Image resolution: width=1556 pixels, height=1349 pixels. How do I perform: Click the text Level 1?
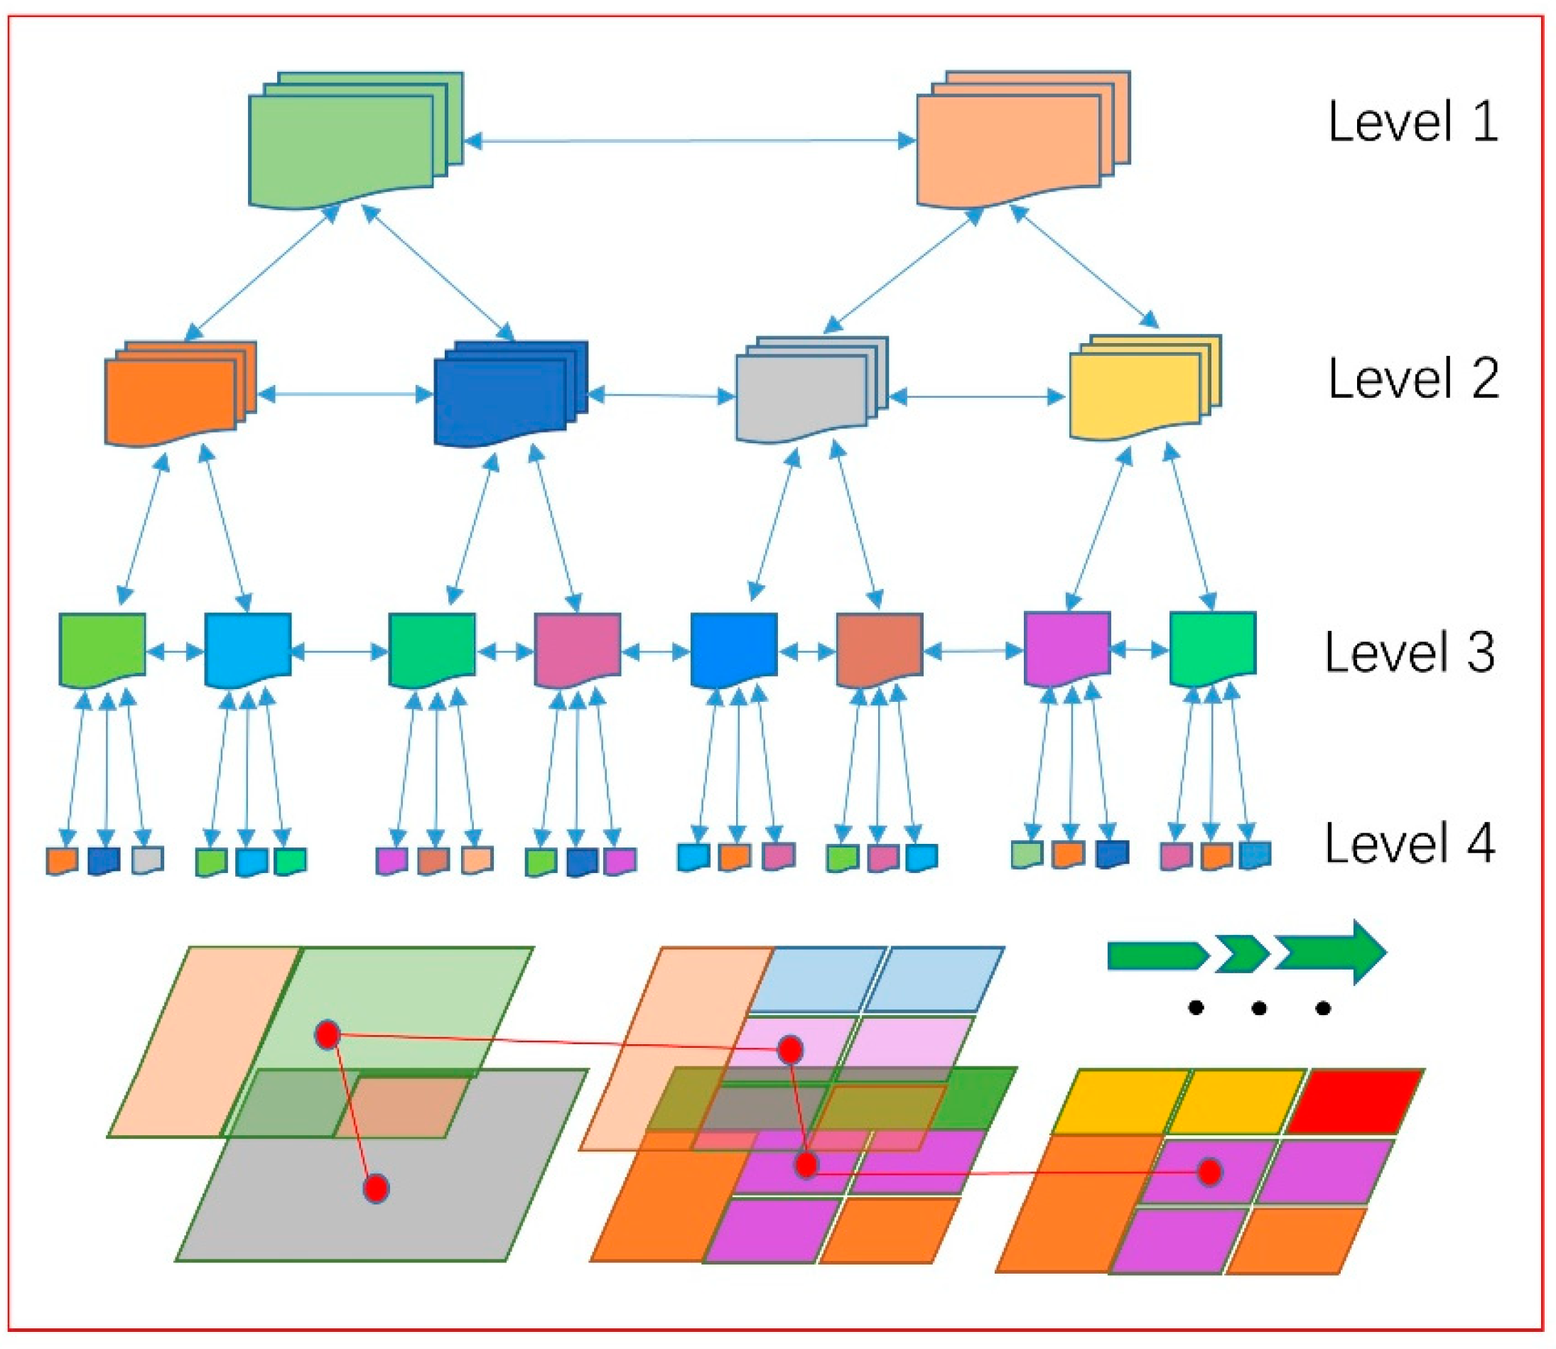pyautogui.click(x=1412, y=122)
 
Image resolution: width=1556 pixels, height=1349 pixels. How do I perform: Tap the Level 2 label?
pyautogui.click(x=1413, y=379)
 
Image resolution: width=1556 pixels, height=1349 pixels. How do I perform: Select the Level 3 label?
pyautogui.click(x=1410, y=652)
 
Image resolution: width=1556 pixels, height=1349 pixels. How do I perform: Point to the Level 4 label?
pyautogui.click(x=1410, y=843)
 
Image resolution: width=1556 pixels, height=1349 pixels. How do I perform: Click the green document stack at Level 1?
pyautogui.click(x=355, y=140)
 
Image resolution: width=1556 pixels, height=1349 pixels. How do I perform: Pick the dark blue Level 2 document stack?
pyautogui.click(x=510, y=394)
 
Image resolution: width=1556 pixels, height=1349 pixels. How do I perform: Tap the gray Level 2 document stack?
pyautogui.click(x=811, y=389)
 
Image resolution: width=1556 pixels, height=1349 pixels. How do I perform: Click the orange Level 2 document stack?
pyautogui.click(x=180, y=394)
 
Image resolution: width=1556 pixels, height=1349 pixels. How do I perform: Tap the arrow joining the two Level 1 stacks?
pyautogui.click(x=690, y=141)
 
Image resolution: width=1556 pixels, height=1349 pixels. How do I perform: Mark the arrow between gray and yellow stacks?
pyautogui.click(x=978, y=396)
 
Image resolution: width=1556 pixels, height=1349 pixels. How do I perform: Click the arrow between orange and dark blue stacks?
pyautogui.click(x=345, y=394)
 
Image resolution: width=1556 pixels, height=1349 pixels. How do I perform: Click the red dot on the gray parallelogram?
pyautogui.click(x=376, y=1188)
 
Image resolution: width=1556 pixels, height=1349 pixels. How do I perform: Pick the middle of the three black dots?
pyautogui.click(x=1258, y=1009)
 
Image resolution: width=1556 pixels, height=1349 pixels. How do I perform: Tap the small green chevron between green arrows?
pyautogui.click(x=1243, y=955)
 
